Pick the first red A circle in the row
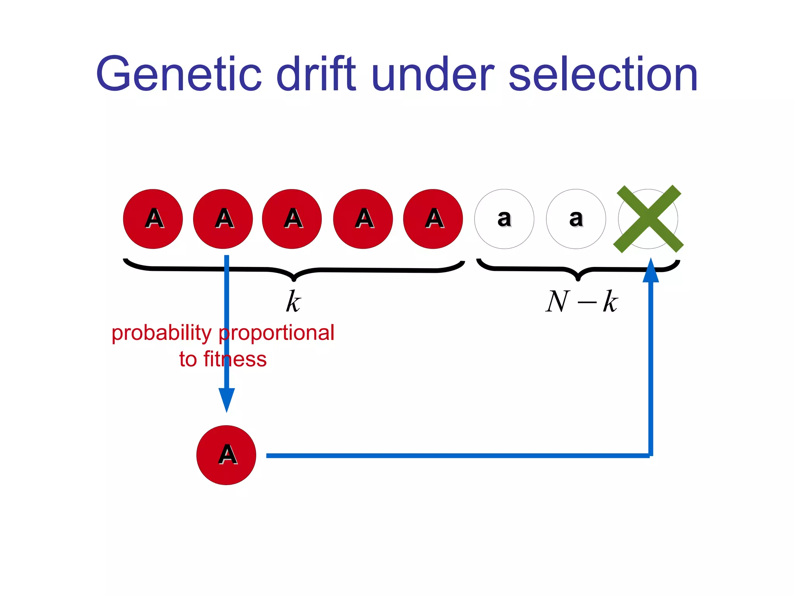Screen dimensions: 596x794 click(x=153, y=219)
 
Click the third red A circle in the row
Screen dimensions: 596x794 click(x=292, y=219)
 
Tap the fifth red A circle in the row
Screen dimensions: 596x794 click(x=433, y=219)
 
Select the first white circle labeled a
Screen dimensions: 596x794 click(x=504, y=219)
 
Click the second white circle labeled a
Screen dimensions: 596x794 click(x=576, y=219)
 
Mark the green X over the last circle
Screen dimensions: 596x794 click(x=648, y=219)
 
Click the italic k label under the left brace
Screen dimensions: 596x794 click(x=293, y=301)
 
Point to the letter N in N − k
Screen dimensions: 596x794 click(x=557, y=301)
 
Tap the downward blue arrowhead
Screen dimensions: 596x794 click(x=227, y=400)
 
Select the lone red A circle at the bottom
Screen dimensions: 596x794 click(x=226, y=455)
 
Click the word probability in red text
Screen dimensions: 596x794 click(x=162, y=333)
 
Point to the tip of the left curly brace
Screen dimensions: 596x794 click(x=294, y=279)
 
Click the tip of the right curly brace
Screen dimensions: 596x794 click(x=578, y=278)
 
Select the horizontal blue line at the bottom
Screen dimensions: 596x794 click(x=457, y=456)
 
